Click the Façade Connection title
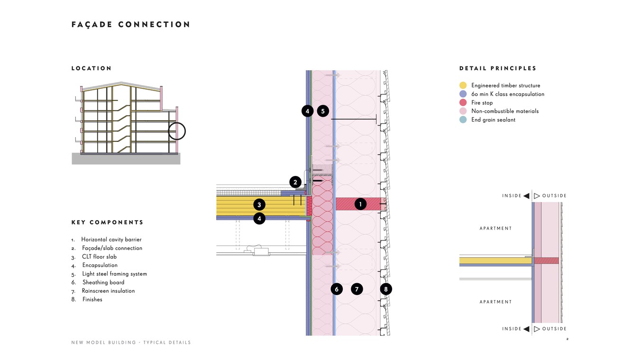131,25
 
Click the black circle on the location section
177,131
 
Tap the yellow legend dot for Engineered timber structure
463,85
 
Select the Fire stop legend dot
463,102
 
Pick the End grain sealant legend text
493,120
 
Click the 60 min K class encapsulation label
508,94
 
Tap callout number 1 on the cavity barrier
360,204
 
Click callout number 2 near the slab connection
295,182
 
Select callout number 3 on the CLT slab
259,205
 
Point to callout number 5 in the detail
322,111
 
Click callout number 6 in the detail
337,289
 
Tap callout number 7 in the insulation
357,289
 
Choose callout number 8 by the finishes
386,289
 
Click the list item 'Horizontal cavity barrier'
111,240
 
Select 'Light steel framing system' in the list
114,274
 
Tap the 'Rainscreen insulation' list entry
108,291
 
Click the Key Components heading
108,222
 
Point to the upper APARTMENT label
496,229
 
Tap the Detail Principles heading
498,69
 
